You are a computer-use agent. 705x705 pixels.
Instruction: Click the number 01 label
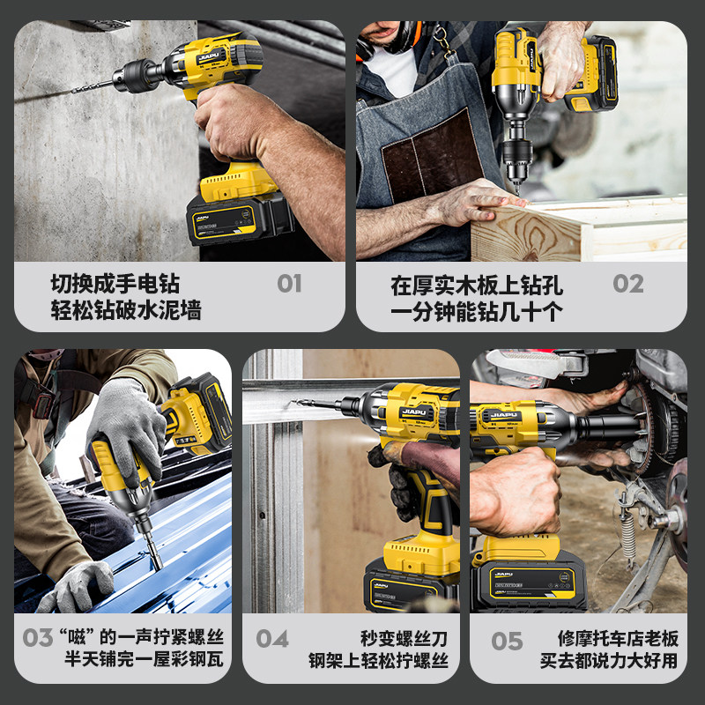coord(289,284)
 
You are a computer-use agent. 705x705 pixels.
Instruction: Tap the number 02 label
coord(628,284)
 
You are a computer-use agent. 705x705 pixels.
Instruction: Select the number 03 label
coord(37,637)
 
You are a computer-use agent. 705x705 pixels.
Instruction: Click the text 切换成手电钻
coord(115,284)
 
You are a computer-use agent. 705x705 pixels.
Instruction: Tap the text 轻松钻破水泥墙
coord(126,310)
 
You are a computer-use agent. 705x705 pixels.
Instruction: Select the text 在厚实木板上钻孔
coord(477,285)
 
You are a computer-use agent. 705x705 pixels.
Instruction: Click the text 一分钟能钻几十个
coord(477,311)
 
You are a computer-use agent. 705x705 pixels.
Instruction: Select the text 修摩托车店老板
coord(618,636)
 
